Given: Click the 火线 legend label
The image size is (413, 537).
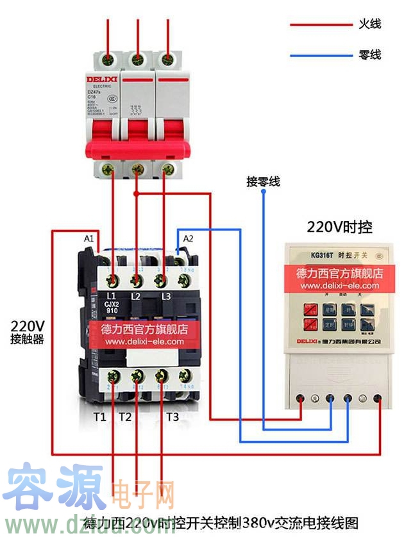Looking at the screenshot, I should coord(369,24).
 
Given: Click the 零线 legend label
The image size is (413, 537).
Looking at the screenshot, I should coord(369,55).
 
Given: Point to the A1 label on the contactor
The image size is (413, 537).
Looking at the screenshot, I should coord(89,239).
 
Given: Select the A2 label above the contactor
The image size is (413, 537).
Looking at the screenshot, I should coord(188,239).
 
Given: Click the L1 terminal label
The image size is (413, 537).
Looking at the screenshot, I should coord(110,295).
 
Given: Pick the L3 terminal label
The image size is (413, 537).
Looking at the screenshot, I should coord(166,296).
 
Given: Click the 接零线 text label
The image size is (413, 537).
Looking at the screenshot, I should coord(263,182).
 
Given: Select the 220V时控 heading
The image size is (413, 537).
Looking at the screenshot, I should coord(339,227).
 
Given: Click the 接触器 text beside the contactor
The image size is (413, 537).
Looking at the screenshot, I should coord(27,339).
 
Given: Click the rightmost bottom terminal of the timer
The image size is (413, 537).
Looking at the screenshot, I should coord(378,399).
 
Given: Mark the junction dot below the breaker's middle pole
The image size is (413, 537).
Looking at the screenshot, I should coord(136,193).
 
